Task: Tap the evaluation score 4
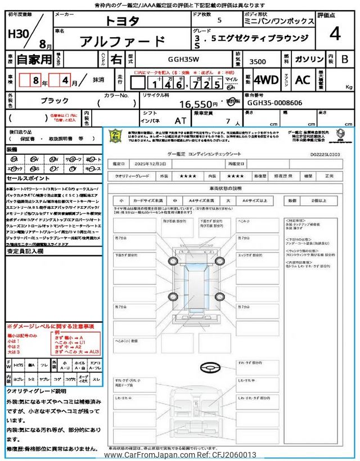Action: pyautogui.click(x=335, y=34)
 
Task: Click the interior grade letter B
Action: pyautogui.click(x=345, y=59)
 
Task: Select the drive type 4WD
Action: pyautogui.click(x=265, y=80)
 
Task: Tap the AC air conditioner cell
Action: pyautogui.click(x=303, y=80)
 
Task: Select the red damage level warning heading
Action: pyautogui.click(x=50, y=326)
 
